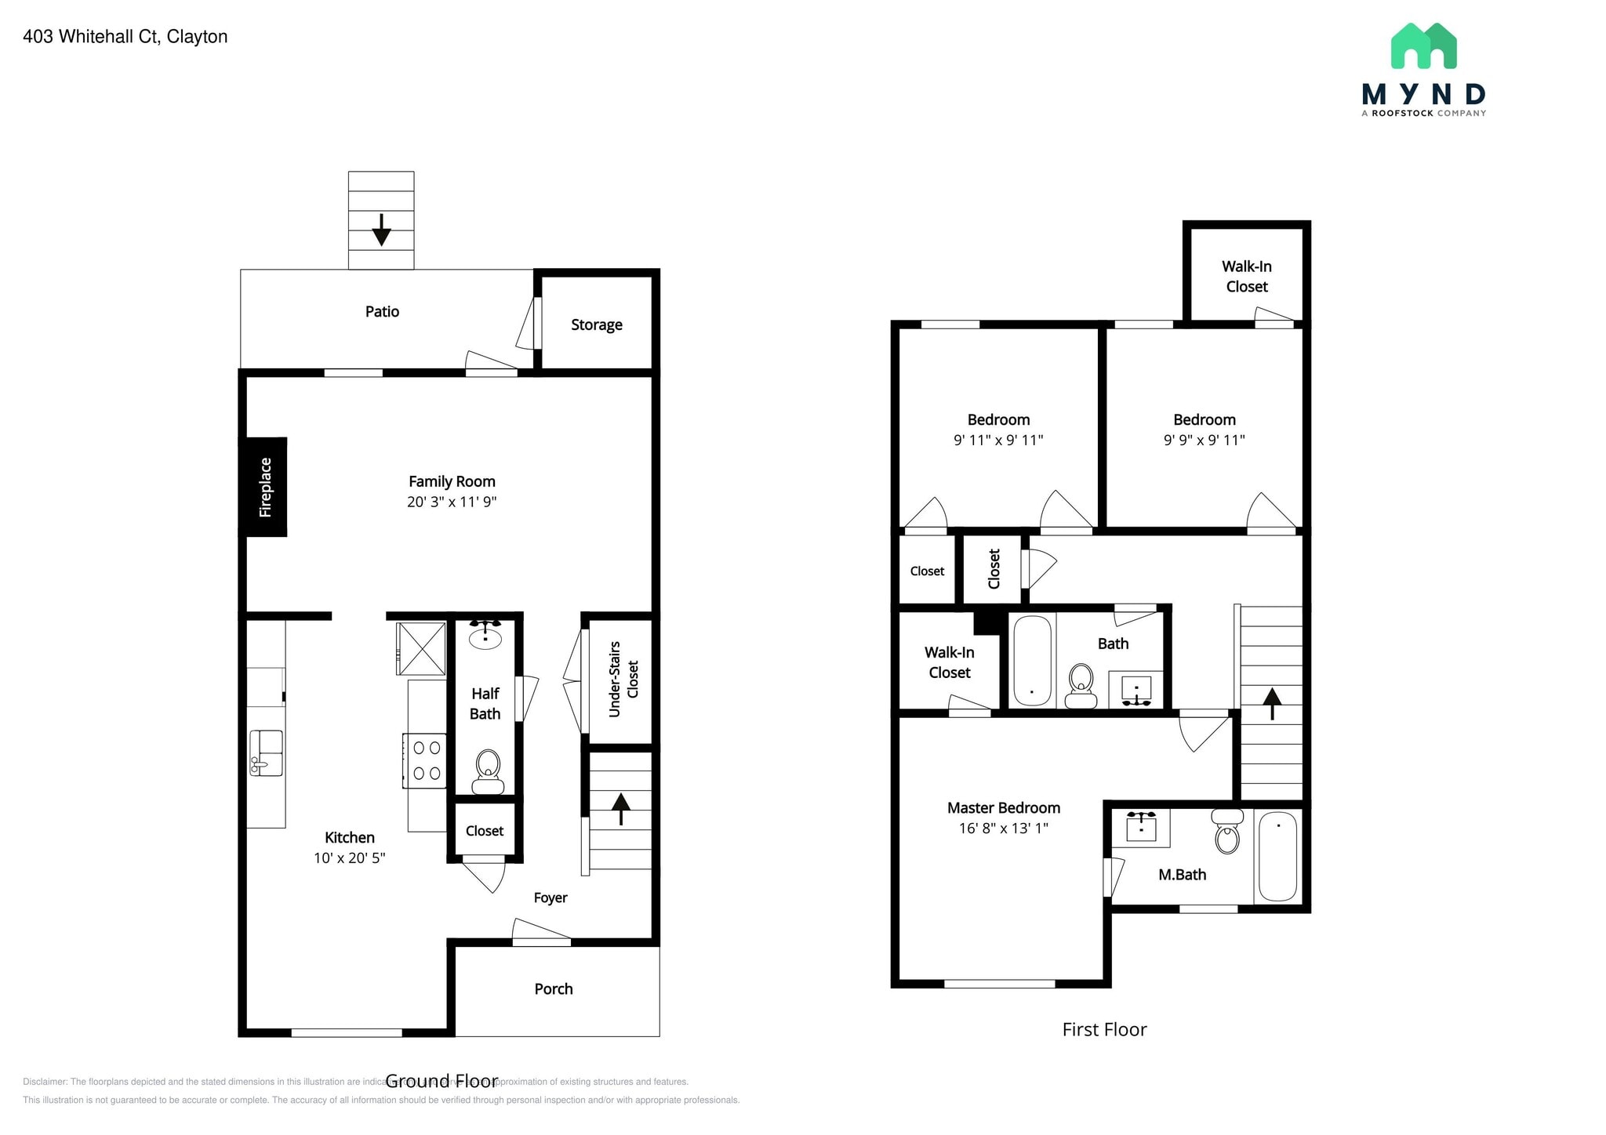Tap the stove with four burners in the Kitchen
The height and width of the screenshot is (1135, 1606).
pyautogui.click(x=425, y=760)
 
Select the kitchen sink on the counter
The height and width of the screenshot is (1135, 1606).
pyautogui.click(x=266, y=752)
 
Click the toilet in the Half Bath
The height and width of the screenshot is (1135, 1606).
pyautogui.click(x=488, y=771)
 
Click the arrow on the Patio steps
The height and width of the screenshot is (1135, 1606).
pyautogui.click(x=381, y=229)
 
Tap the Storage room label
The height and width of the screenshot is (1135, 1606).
pyautogui.click(x=596, y=325)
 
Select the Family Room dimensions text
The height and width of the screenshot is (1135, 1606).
pyautogui.click(x=452, y=502)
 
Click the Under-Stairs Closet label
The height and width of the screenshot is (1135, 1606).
pyautogui.click(x=623, y=679)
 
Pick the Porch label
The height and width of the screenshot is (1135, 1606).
pyautogui.click(x=554, y=989)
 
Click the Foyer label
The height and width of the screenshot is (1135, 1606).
pyautogui.click(x=550, y=897)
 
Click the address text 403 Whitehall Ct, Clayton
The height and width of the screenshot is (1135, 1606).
pyautogui.click(x=125, y=37)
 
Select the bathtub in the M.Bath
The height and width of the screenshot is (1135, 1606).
pyautogui.click(x=1277, y=856)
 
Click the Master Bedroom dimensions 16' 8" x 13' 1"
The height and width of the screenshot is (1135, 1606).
pyautogui.click(x=1003, y=828)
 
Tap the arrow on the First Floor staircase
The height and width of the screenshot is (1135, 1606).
pyautogui.click(x=1271, y=702)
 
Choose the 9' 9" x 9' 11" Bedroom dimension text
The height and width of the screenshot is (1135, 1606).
pyautogui.click(x=1204, y=440)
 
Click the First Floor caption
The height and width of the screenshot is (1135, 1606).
pyautogui.click(x=1104, y=1029)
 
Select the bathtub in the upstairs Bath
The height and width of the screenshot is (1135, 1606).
pyautogui.click(x=1032, y=661)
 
